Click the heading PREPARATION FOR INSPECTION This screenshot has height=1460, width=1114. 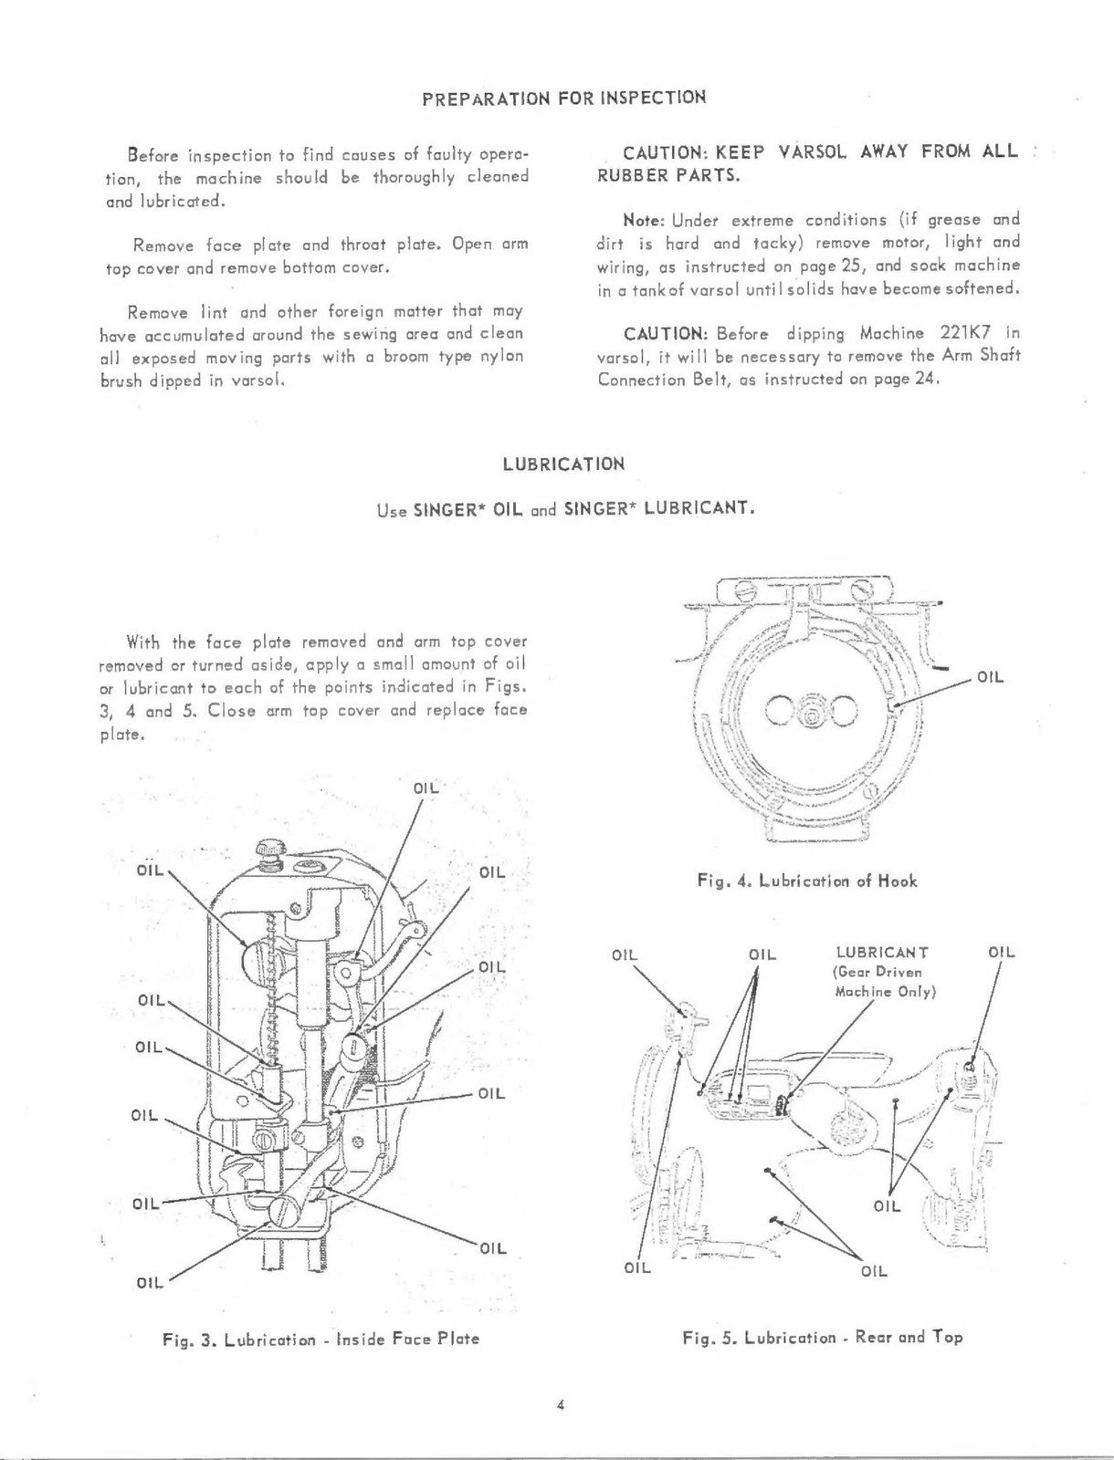click(x=563, y=98)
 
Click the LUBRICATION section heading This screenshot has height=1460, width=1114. click(x=563, y=464)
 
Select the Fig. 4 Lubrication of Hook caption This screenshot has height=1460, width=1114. click(x=806, y=881)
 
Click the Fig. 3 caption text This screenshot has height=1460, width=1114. click(x=320, y=1339)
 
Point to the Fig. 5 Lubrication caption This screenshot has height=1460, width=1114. click(x=822, y=1337)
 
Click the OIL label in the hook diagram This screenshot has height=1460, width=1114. click(x=990, y=678)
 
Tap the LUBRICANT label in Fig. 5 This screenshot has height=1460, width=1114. click(x=885, y=954)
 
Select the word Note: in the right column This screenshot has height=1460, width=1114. click(x=645, y=221)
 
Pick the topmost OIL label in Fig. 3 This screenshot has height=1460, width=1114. click(x=426, y=787)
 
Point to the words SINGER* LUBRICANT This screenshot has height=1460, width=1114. click(x=658, y=508)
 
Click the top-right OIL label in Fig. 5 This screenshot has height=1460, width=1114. click(x=1002, y=953)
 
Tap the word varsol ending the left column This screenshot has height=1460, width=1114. click(x=259, y=380)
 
